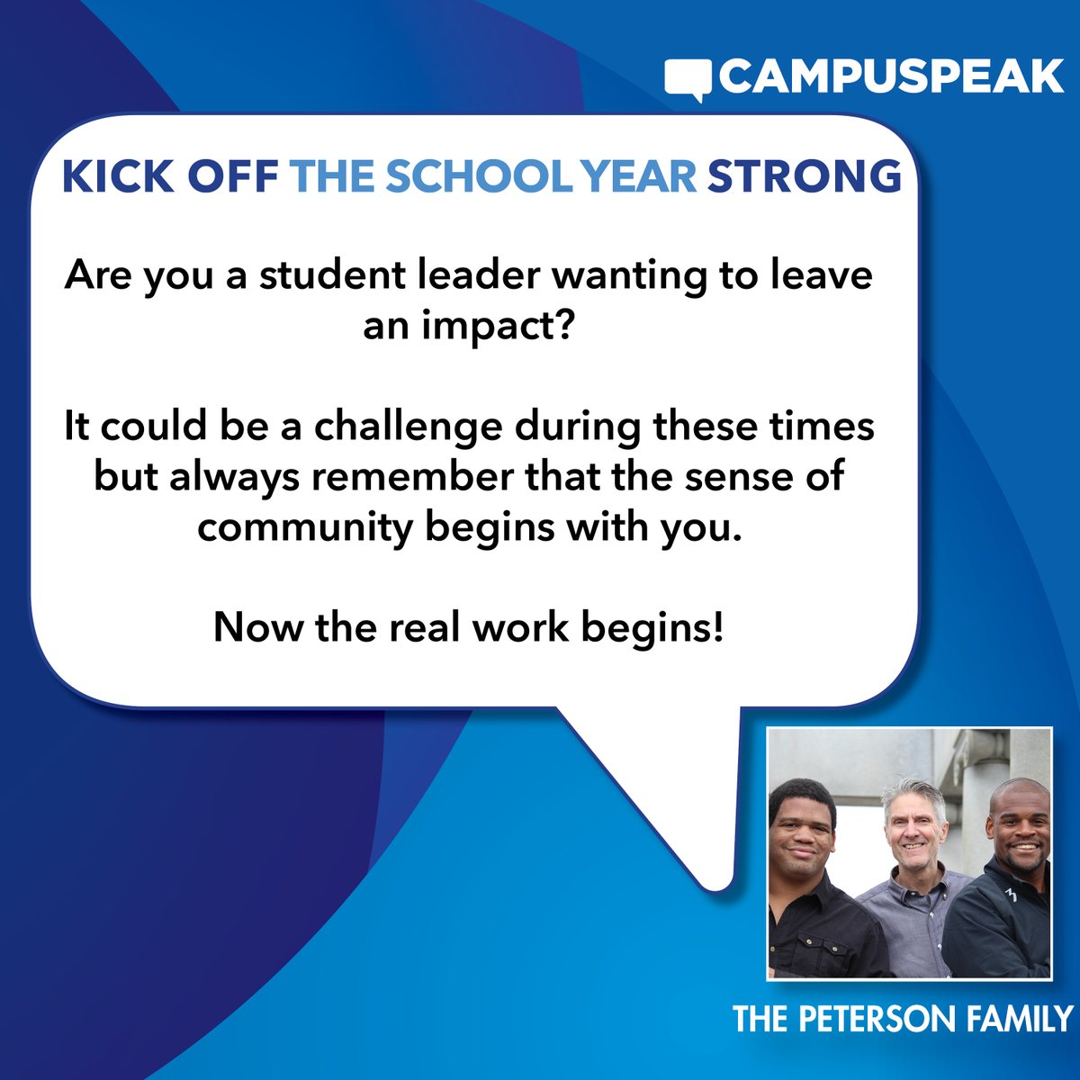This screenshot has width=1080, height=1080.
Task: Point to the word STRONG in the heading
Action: pyautogui.click(x=804, y=177)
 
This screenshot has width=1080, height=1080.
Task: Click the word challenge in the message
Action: pyautogui.click(x=408, y=427)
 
